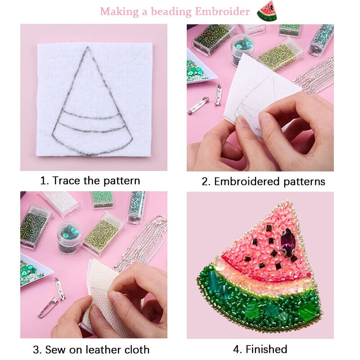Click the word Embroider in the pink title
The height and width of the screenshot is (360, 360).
[x=222, y=11]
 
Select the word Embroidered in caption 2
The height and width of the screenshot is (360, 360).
[x=247, y=181]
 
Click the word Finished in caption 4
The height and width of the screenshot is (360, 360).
[x=266, y=349]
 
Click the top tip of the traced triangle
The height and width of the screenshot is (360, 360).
[x=88, y=47]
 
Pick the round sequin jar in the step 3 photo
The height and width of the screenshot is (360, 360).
[x=69, y=238]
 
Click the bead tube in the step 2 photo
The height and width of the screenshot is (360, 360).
[x=320, y=40]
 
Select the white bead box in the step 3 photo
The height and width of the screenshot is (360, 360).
[x=60, y=204]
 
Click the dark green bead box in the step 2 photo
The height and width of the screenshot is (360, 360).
[x=213, y=40]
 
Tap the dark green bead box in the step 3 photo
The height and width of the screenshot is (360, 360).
[x=36, y=227]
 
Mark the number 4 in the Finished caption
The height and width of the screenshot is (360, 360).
[x=237, y=350]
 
